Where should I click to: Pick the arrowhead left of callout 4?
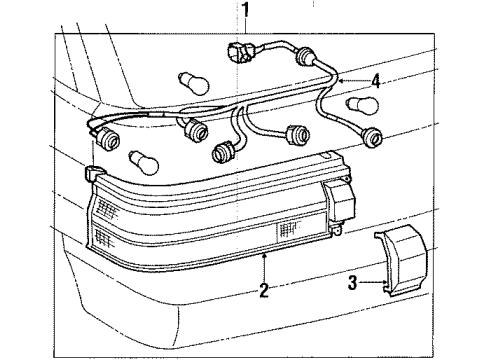click(339, 78)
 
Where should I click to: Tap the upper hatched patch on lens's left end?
click(107, 208)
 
